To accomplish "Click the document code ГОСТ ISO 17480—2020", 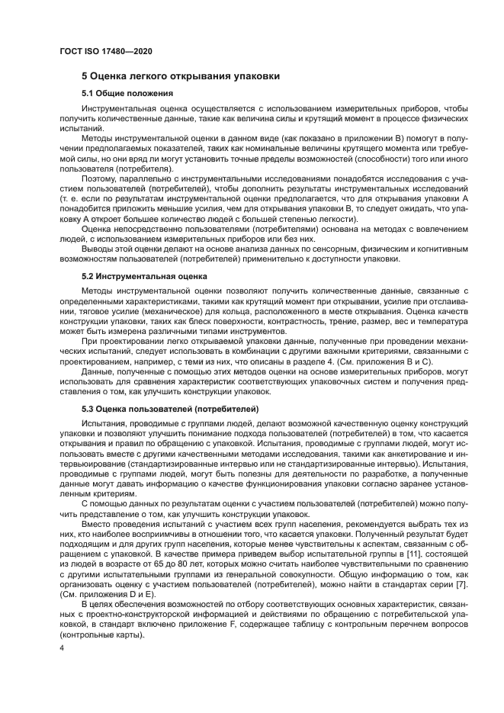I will click(x=104, y=50).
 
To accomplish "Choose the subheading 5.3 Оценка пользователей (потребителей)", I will click(x=171, y=409).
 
